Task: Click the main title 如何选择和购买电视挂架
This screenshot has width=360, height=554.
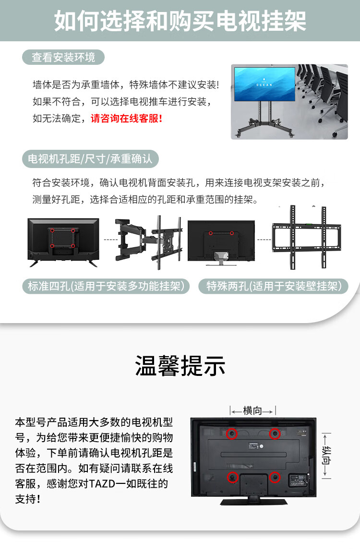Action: (x=180, y=21)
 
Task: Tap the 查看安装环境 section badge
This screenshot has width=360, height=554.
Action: (x=63, y=57)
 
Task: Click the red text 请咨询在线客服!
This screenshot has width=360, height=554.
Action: (x=126, y=119)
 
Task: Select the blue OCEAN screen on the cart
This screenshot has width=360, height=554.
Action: (x=264, y=84)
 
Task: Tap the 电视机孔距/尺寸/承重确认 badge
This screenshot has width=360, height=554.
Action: (x=90, y=159)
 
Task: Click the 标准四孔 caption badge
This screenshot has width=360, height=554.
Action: (x=106, y=286)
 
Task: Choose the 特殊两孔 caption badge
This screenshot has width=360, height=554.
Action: (x=274, y=286)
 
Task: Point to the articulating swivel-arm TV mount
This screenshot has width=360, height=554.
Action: (x=149, y=242)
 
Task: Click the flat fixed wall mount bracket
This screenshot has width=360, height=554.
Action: (x=307, y=238)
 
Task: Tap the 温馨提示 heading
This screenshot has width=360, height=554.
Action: (x=180, y=366)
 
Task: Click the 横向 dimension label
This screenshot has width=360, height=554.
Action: (x=252, y=410)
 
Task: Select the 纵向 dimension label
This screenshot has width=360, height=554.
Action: (x=326, y=456)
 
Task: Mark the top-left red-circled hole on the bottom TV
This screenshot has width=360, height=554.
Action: (x=232, y=434)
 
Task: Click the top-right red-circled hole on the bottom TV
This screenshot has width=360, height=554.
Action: (x=275, y=434)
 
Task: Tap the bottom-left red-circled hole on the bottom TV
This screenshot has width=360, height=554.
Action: (x=232, y=477)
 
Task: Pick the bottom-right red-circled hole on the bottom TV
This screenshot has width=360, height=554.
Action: (x=275, y=477)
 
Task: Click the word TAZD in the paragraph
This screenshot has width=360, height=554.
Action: (x=102, y=484)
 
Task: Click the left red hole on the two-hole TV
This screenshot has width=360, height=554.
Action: (x=211, y=233)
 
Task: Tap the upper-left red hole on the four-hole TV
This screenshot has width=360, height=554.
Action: (x=52, y=230)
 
